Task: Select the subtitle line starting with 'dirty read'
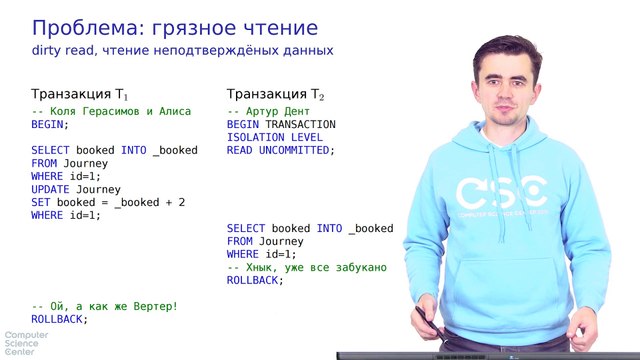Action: (181, 50)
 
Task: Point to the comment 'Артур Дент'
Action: (269, 112)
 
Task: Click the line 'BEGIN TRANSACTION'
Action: (281, 125)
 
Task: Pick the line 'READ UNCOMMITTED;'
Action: (281, 151)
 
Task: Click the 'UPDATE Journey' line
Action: (76, 189)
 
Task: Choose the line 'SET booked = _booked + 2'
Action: (108, 202)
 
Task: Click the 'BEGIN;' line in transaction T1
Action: (50, 125)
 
